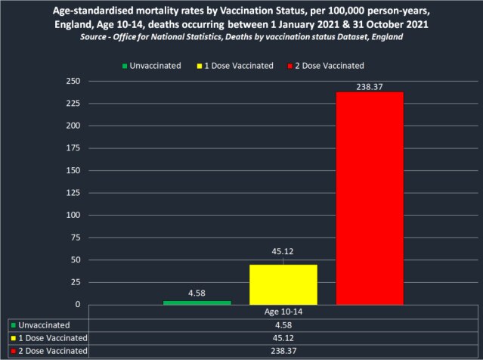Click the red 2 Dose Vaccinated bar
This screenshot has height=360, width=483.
pyautogui.click(x=370, y=198)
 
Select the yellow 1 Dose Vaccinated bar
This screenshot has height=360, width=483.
pyautogui.click(x=283, y=284)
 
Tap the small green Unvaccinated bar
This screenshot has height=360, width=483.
pyautogui.click(x=197, y=303)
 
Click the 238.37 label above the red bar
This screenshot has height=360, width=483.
pyautogui.click(x=370, y=85)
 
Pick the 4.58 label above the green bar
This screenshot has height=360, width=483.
pyautogui.click(x=197, y=293)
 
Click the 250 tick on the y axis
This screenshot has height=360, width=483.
pyautogui.click(x=73, y=81)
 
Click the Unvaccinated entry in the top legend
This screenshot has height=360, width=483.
pyautogui.click(x=153, y=66)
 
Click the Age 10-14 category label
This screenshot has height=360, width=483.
pyautogui.click(x=283, y=311)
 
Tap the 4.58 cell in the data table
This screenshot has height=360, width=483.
pyautogui.click(x=283, y=324)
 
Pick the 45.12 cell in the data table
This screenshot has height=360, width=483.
pyautogui.click(x=283, y=338)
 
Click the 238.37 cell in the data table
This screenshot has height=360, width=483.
pyautogui.click(x=283, y=352)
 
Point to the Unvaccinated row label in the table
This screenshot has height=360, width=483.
pyautogui.click(x=42, y=324)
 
